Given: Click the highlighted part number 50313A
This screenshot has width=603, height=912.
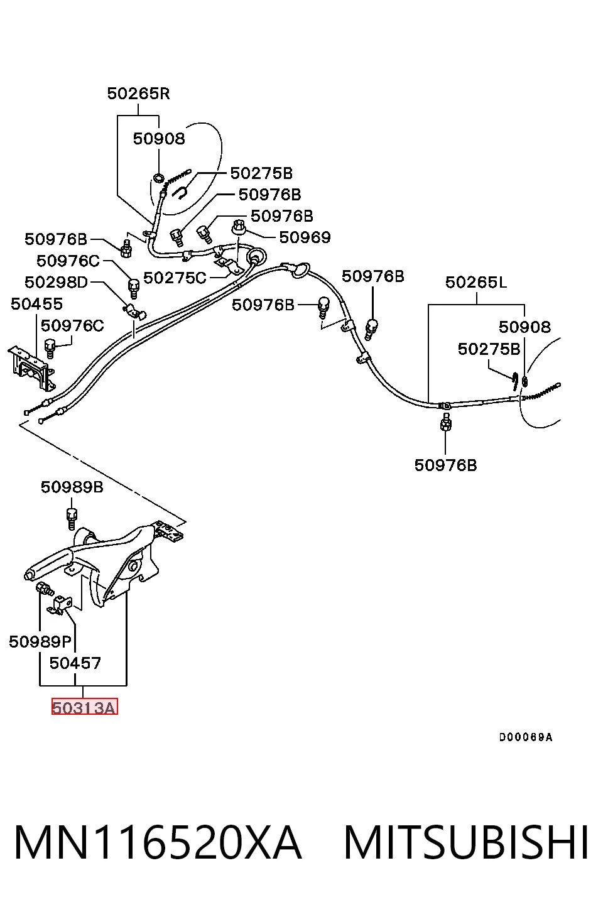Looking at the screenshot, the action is point(84,708).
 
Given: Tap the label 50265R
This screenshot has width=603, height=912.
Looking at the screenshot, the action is point(138,94).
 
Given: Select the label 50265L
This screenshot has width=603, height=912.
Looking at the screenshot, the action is point(476,282).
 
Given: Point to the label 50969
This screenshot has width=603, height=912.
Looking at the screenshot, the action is point(305,237).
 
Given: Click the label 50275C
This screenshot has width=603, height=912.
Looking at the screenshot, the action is point(175,278).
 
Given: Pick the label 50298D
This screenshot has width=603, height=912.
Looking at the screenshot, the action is point(56,282).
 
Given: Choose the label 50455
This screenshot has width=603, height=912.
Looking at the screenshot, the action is point(36,304).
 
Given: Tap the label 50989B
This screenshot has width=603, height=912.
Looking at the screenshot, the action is point(72,487).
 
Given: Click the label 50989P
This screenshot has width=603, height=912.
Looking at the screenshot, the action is point(40,642).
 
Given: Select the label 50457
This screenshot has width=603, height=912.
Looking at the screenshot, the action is point(75,663).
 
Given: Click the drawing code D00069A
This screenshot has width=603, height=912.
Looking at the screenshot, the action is point(526,737).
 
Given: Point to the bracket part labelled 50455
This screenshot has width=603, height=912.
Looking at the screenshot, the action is point(32,367).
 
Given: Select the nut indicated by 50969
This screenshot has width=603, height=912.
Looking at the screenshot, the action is point(237,227).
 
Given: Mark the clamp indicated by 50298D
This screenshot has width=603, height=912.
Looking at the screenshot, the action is point(134,311).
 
